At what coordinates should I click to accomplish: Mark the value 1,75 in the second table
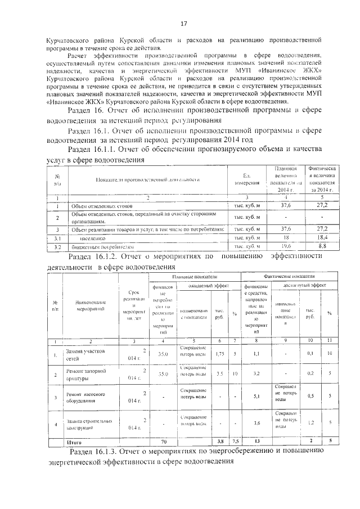click(x=221, y=353)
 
